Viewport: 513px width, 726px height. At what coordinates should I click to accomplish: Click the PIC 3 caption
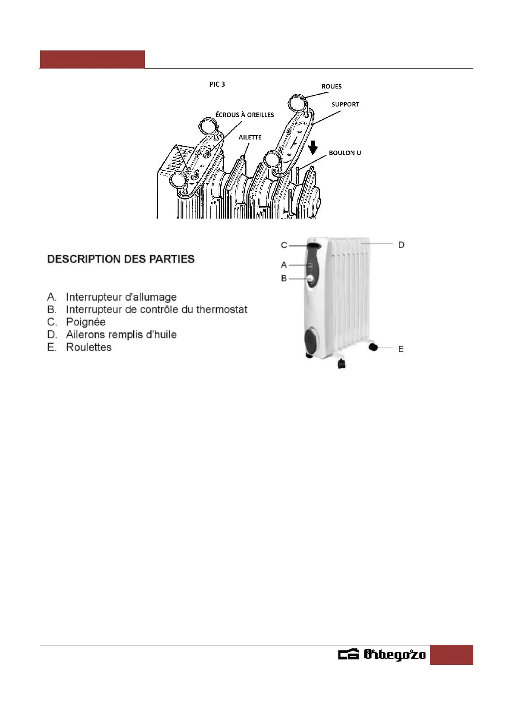pyautogui.click(x=217, y=84)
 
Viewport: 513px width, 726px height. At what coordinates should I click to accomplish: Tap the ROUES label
pyautogui.click(x=331, y=86)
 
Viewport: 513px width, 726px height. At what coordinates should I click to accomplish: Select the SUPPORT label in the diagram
pyautogui.click(x=345, y=104)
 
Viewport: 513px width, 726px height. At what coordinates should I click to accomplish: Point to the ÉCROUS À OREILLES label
pyautogui.click(x=244, y=115)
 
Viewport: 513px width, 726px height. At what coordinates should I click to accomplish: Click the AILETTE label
pyautogui.click(x=250, y=137)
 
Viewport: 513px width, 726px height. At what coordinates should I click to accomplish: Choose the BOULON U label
pyautogui.click(x=345, y=153)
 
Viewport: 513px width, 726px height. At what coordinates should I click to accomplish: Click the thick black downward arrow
pyautogui.click(x=313, y=148)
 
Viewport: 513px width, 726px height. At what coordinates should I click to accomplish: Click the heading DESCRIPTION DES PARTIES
pyautogui.click(x=121, y=259)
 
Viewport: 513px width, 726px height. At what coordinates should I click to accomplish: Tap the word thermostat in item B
pyautogui.click(x=222, y=310)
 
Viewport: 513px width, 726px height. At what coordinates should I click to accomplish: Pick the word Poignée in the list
pyautogui.click(x=85, y=322)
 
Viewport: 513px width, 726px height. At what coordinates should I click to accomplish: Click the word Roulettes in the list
pyautogui.click(x=88, y=347)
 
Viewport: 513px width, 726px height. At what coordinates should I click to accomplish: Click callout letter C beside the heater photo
pyautogui.click(x=284, y=245)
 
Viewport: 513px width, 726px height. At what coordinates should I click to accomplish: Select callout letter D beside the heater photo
pyautogui.click(x=401, y=245)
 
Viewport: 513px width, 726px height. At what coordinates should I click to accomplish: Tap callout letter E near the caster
pyautogui.click(x=400, y=349)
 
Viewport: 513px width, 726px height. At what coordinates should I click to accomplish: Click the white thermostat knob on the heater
pyautogui.click(x=310, y=279)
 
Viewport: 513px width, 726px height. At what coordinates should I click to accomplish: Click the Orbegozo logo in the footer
pyautogui.click(x=382, y=654)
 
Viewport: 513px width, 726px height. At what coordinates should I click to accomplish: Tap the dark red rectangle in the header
pyautogui.click(x=92, y=59)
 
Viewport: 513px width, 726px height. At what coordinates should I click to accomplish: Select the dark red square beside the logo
pyautogui.click(x=451, y=654)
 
